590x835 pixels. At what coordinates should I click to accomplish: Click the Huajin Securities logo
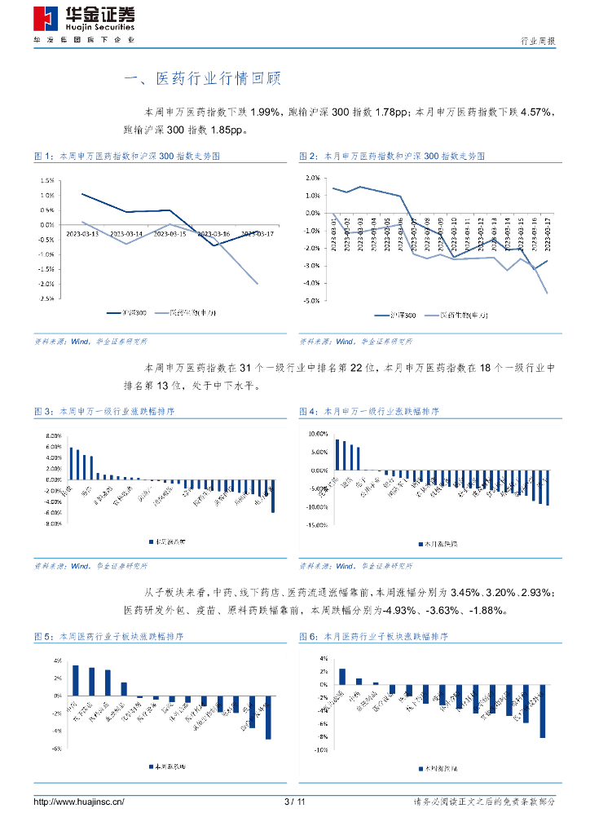(84, 20)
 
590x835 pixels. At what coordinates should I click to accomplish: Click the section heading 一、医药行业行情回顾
(201, 78)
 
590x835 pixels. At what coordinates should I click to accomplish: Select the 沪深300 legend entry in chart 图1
(127, 312)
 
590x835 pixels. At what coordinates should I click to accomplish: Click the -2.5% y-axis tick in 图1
(46, 298)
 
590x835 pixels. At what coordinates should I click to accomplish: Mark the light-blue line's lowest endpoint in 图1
(258, 284)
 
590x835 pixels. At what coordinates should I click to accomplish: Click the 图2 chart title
(393, 155)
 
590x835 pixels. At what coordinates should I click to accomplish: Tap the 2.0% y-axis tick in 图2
(311, 177)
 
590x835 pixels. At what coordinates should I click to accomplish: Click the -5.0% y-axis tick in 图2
(311, 301)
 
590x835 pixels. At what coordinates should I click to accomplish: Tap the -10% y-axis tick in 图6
(321, 749)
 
